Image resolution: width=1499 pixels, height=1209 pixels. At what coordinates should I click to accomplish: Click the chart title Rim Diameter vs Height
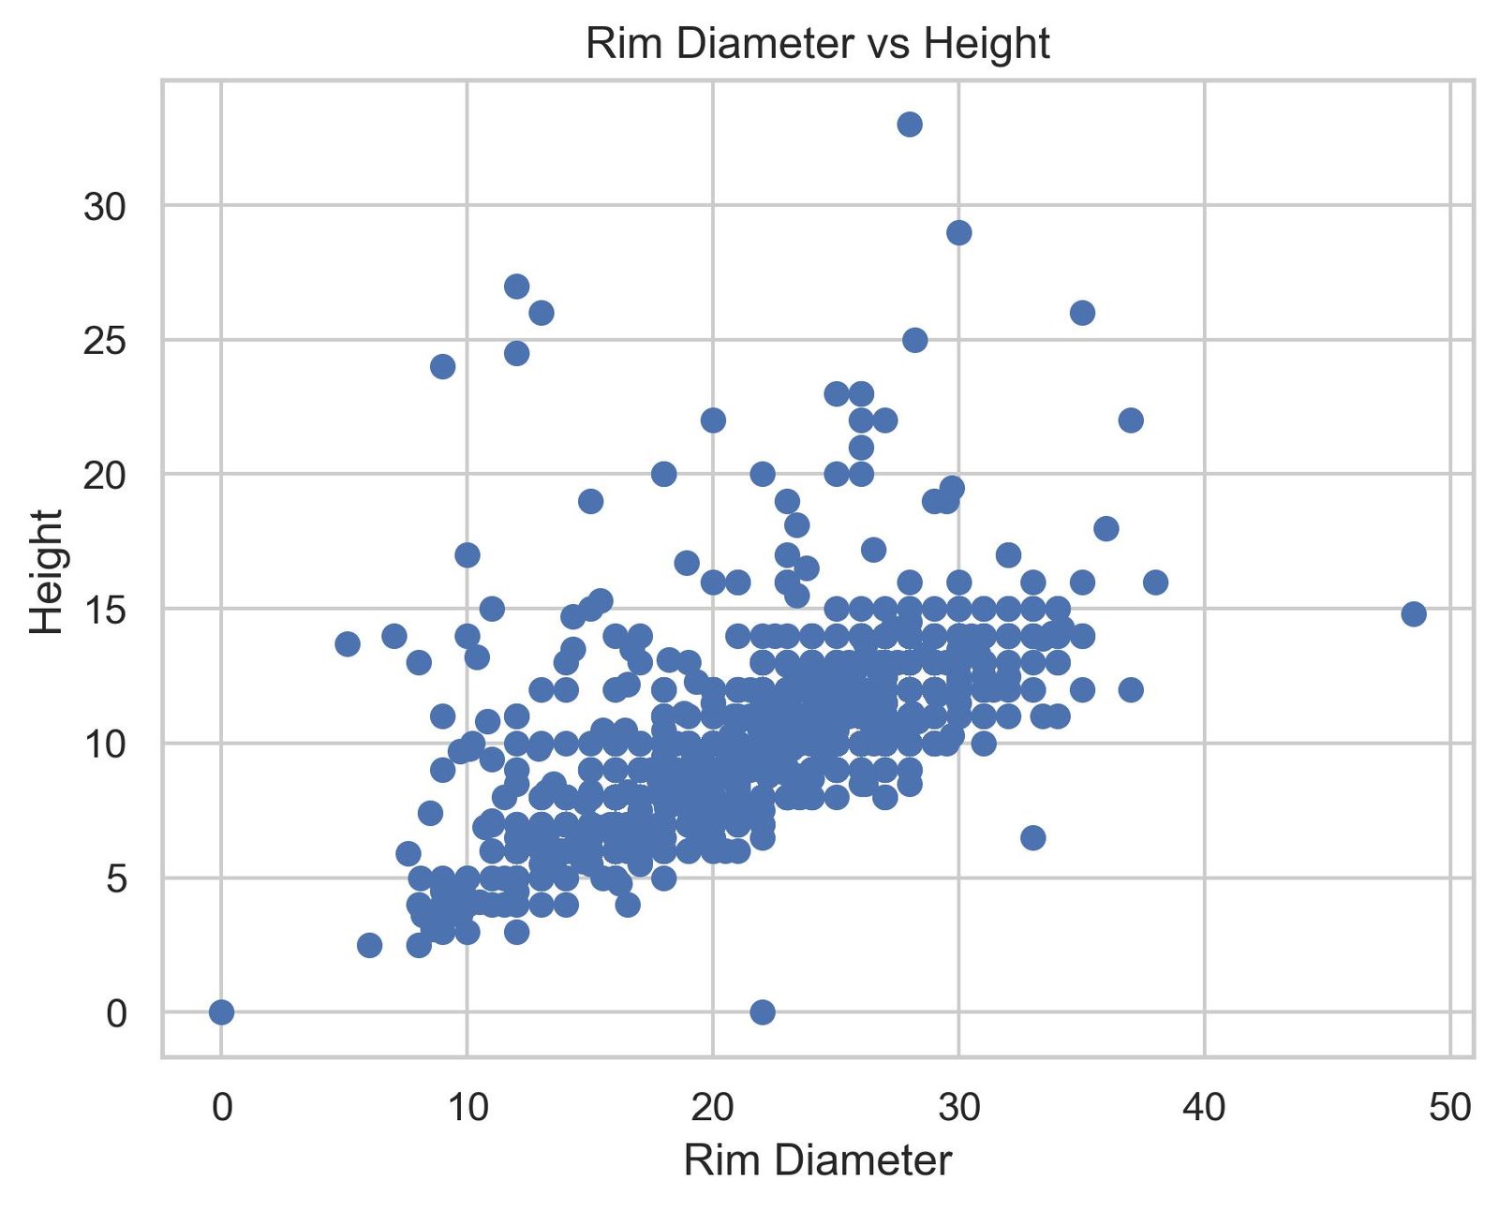pyautogui.click(x=817, y=44)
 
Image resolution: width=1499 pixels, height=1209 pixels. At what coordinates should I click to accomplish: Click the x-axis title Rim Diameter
pyautogui.click(x=817, y=1160)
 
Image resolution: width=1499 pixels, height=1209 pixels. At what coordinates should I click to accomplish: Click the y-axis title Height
pyautogui.click(x=47, y=571)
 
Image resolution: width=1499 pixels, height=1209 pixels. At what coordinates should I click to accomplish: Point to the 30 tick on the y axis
pyautogui.click(x=104, y=206)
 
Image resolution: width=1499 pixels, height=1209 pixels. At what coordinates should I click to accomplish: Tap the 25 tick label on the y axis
pyautogui.click(x=104, y=341)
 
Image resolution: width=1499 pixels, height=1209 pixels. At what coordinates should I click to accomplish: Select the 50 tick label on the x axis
pyautogui.click(x=1449, y=1108)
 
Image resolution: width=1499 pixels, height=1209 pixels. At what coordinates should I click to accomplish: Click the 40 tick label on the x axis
pyautogui.click(x=1204, y=1108)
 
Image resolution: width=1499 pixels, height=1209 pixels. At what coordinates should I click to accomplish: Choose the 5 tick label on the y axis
pyautogui.click(x=116, y=879)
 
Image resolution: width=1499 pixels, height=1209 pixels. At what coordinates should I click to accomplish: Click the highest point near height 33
pyautogui.click(x=910, y=124)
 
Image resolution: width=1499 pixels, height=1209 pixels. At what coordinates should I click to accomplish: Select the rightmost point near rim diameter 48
pyautogui.click(x=1414, y=613)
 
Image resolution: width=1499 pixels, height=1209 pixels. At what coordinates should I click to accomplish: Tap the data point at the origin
pyautogui.click(x=221, y=1011)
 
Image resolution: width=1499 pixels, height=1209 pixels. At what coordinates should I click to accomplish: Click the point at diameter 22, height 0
pyautogui.click(x=763, y=1011)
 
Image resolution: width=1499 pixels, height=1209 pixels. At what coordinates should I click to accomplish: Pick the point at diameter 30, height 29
pyautogui.click(x=958, y=232)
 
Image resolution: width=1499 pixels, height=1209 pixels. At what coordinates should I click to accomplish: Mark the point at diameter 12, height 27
pyautogui.click(x=516, y=286)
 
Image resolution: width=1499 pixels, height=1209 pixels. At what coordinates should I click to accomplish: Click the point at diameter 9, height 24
pyautogui.click(x=442, y=366)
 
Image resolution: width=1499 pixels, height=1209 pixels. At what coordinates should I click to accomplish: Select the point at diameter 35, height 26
pyautogui.click(x=1082, y=313)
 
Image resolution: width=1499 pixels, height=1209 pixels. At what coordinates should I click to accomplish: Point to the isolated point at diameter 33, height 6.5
pyautogui.click(x=1032, y=837)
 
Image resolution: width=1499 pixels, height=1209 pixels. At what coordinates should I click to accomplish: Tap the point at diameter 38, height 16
pyautogui.click(x=1155, y=582)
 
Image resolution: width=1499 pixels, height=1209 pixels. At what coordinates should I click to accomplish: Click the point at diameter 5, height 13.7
pyautogui.click(x=347, y=643)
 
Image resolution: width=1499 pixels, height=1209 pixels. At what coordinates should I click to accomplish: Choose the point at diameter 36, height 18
pyautogui.click(x=1106, y=528)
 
